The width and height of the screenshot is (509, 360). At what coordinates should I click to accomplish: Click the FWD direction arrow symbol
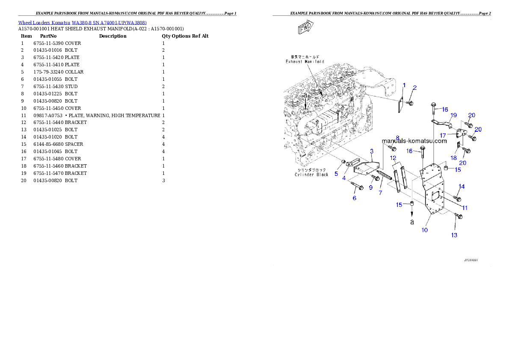305,28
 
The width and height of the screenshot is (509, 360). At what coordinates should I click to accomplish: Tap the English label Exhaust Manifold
305,62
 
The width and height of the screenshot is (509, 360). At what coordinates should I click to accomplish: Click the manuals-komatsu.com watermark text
414,141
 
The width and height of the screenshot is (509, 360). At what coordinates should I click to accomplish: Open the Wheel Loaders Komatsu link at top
82,23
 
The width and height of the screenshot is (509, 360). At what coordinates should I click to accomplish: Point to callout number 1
404,86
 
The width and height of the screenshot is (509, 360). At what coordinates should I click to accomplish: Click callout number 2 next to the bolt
414,88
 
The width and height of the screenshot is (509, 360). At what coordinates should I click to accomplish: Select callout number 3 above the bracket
372,151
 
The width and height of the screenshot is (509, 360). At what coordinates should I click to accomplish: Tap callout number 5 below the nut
336,174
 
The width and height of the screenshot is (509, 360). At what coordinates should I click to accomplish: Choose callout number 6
354,198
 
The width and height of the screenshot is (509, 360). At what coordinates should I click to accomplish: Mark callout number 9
370,187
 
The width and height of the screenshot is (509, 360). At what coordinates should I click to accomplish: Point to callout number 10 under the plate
424,230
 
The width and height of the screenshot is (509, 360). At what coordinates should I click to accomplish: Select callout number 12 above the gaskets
393,158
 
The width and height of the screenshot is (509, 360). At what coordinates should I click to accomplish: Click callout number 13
454,235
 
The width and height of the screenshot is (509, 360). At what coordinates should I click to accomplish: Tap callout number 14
462,186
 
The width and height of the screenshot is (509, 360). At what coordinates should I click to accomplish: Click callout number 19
453,115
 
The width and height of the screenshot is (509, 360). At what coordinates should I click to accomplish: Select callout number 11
465,208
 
